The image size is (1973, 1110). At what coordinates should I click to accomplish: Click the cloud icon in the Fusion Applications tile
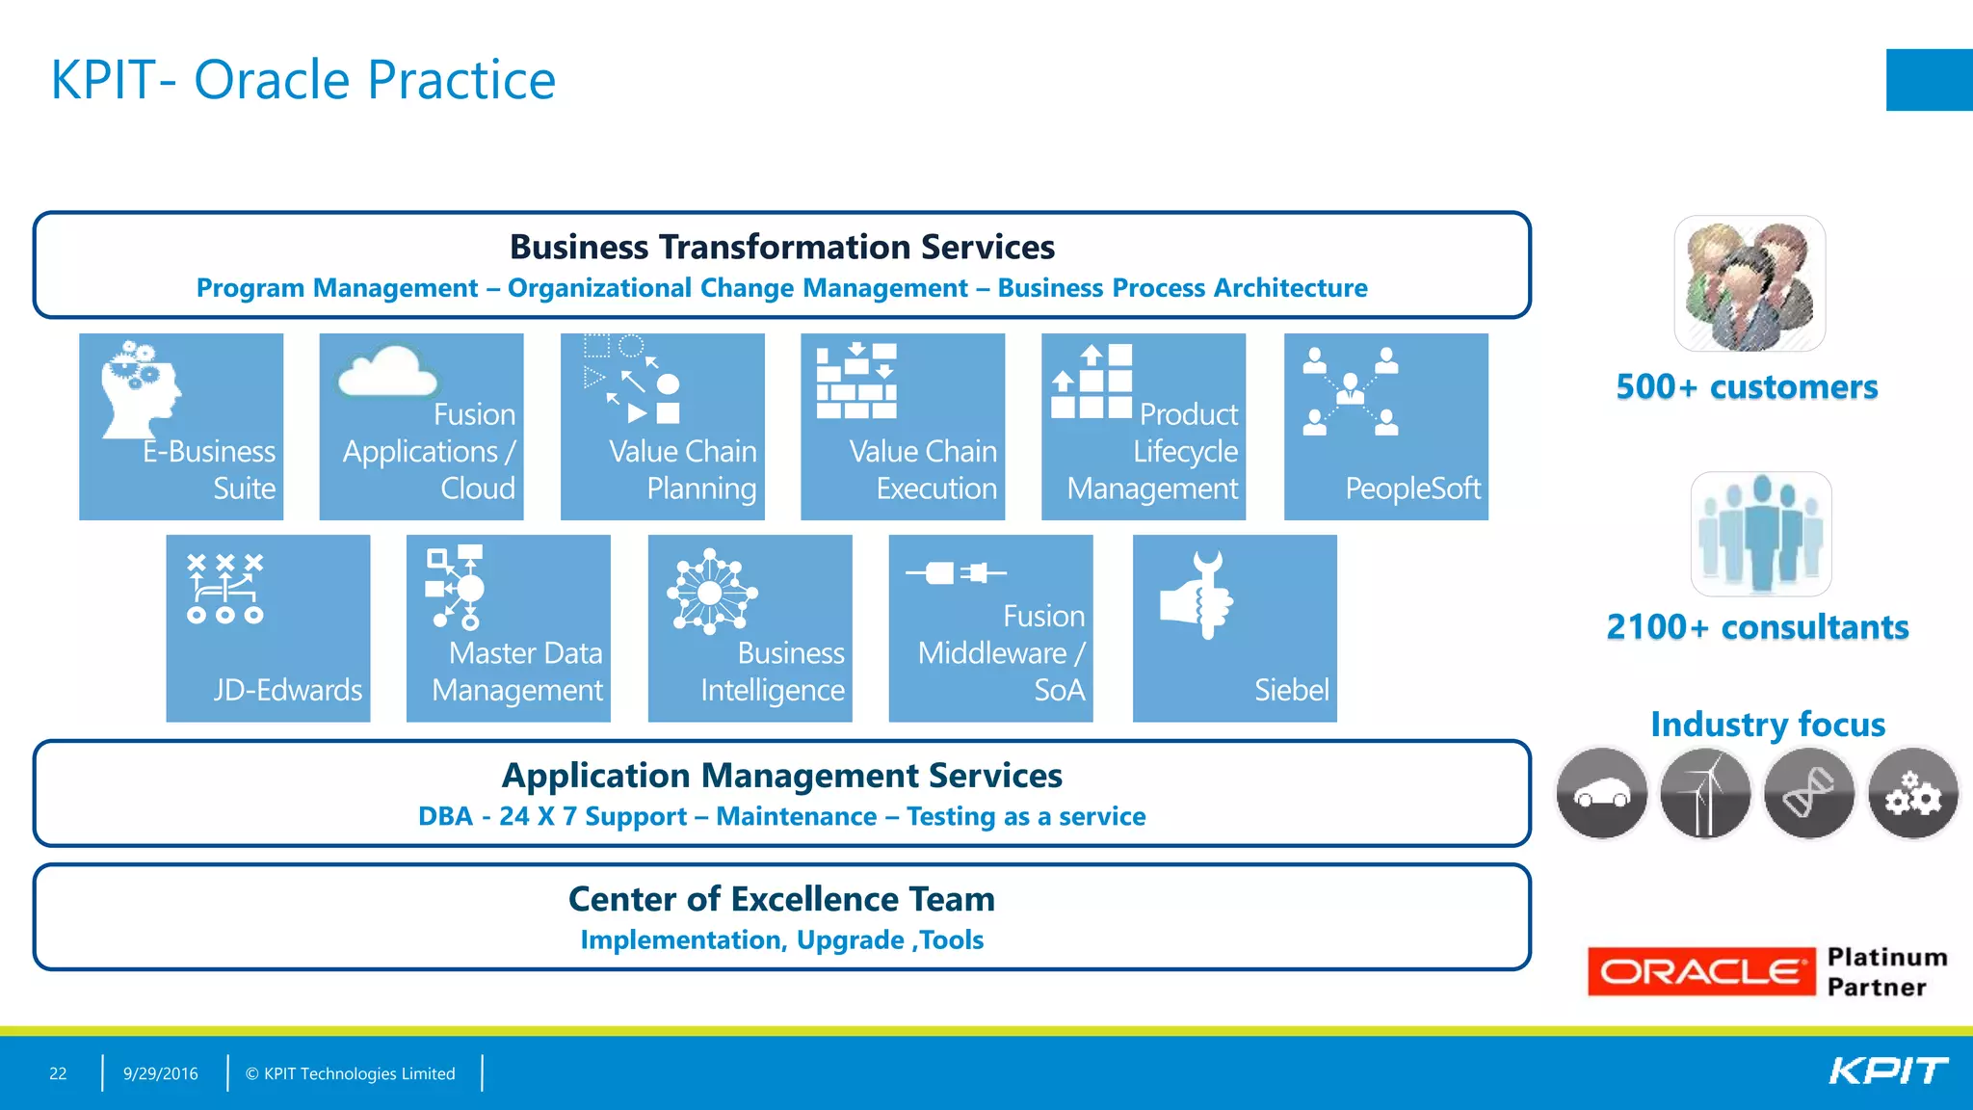(387, 373)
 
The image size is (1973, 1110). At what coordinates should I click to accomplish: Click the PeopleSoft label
(1411, 489)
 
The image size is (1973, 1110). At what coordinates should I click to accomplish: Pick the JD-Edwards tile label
(287, 690)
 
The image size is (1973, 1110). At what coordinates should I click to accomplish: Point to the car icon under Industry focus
(1601, 794)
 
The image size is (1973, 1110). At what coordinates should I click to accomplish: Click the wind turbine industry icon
(1705, 794)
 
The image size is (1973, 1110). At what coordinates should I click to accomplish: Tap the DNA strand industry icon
(1808, 794)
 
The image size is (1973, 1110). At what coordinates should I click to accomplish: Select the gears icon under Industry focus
(1912, 794)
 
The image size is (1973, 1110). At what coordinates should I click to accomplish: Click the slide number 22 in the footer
(58, 1073)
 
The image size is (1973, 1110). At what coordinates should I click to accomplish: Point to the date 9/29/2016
(160, 1073)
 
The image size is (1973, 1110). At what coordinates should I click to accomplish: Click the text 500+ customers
(1747, 387)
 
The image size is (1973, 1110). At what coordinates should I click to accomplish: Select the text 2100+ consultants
(1757, 627)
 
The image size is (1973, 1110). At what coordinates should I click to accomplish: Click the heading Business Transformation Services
(781, 247)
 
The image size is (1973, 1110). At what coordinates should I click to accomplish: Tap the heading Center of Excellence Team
(781, 899)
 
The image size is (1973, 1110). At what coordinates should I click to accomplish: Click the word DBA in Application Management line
(445, 817)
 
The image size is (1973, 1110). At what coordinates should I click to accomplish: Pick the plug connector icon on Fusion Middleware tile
(955, 573)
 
